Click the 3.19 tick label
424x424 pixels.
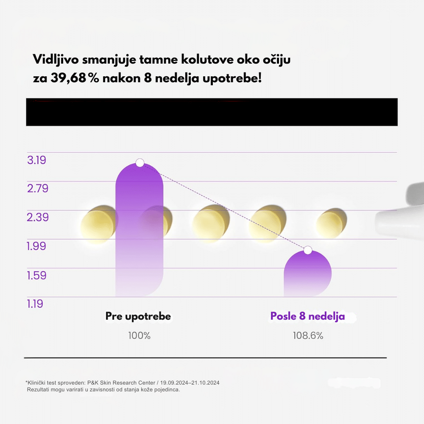click(x=36, y=160)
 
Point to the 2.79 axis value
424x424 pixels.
click(x=38, y=188)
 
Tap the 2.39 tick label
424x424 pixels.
click(x=38, y=217)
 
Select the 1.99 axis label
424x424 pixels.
click(x=36, y=246)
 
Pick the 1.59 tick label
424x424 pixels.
click(x=36, y=275)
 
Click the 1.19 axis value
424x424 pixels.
click(x=35, y=304)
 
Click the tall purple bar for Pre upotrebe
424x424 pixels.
click(x=139, y=237)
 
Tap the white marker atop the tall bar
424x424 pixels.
click(x=140, y=162)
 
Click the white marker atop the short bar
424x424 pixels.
click(x=308, y=250)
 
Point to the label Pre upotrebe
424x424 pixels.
click(x=138, y=316)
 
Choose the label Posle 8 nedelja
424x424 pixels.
click(x=307, y=316)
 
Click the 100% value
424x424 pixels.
click(x=139, y=336)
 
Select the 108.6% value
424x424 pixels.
click(x=308, y=336)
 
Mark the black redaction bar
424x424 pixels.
click(x=212, y=112)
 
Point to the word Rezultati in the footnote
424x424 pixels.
click(x=39, y=390)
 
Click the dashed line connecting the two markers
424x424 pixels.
click(x=224, y=206)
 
